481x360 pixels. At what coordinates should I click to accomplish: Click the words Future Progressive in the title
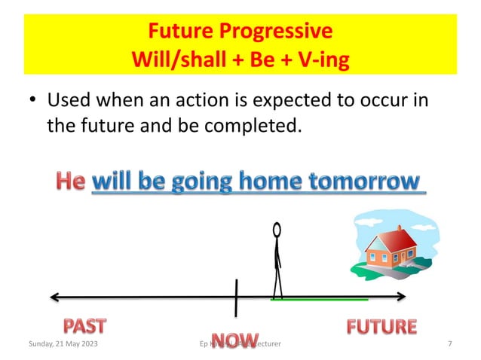click(240, 32)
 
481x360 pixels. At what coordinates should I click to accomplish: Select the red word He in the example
click(71, 182)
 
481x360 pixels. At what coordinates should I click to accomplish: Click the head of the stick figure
click(277, 229)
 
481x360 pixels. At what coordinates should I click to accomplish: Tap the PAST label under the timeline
click(84, 325)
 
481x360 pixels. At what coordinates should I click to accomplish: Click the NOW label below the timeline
click(234, 340)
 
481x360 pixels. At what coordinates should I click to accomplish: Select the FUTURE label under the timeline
click(381, 326)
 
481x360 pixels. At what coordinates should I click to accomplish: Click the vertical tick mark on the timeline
click(236, 297)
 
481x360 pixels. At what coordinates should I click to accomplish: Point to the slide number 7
click(449, 344)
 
